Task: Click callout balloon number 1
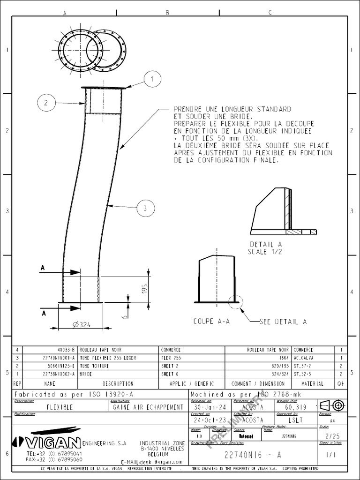coord(152,79)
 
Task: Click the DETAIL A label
coord(266,244)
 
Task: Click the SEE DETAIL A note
coord(284,322)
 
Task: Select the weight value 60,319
coord(295,407)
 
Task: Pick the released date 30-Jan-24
coord(210,407)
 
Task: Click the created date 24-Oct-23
coord(210,420)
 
